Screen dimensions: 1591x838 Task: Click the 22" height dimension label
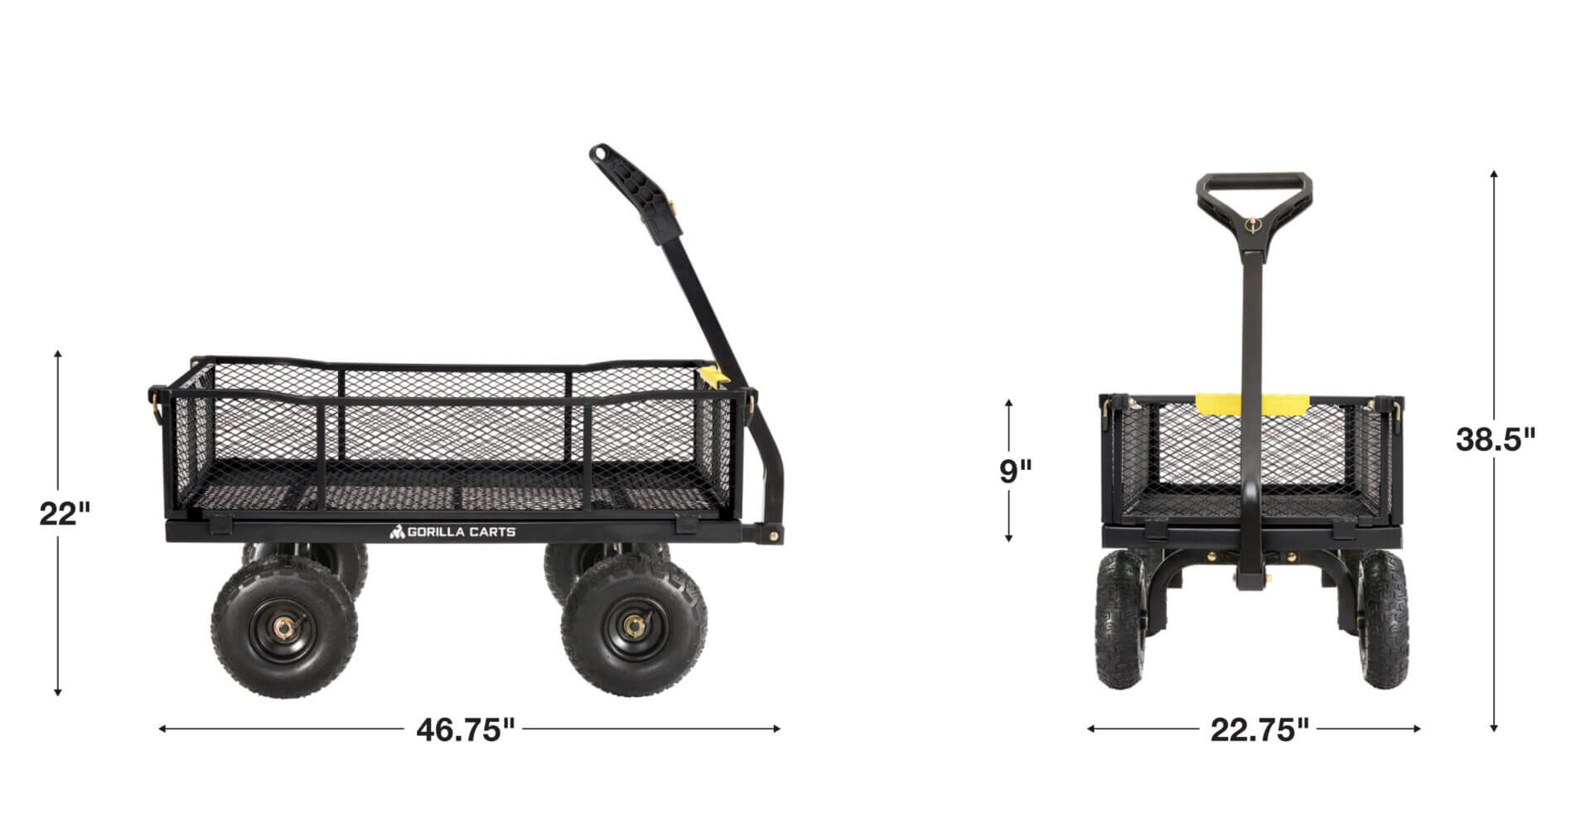point(65,514)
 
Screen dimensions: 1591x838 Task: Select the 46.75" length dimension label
point(465,729)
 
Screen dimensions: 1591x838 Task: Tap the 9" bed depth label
point(1015,470)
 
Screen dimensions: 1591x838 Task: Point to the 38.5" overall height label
point(1495,438)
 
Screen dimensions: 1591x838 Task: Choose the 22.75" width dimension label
point(1260,729)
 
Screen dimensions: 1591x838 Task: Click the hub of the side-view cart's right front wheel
point(635,624)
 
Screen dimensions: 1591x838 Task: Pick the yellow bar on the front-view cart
point(1251,404)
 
